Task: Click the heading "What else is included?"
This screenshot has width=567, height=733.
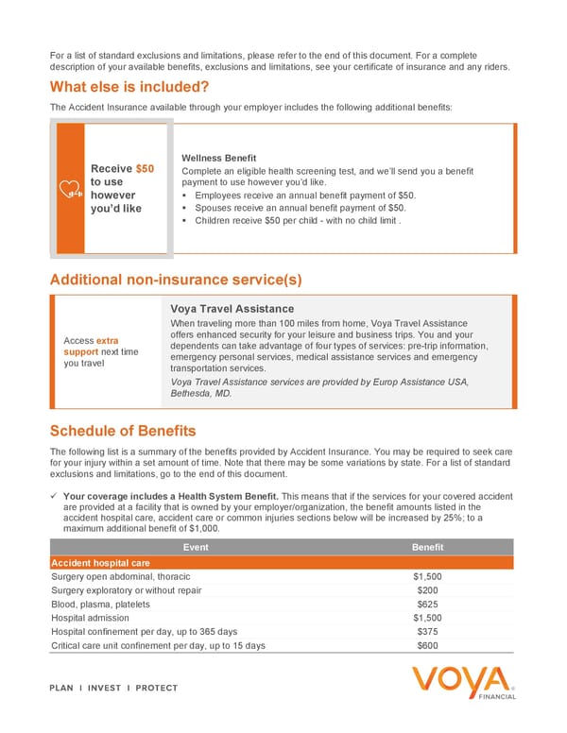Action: click(x=129, y=87)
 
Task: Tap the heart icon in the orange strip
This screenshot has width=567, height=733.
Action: click(x=71, y=189)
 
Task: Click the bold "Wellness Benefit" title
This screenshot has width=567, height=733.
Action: click(x=219, y=157)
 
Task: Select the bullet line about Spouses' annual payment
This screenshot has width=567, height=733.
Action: click(x=301, y=208)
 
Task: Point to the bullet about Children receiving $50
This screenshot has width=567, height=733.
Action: click(x=299, y=220)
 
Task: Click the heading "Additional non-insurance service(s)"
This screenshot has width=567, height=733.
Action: click(x=176, y=280)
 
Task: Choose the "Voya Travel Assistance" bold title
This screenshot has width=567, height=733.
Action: click(x=232, y=309)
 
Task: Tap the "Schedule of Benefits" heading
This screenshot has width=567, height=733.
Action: click(x=123, y=431)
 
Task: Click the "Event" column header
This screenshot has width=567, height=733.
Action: click(x=196, y=548)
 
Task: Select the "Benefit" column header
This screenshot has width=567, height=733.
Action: click(x=427, y=548)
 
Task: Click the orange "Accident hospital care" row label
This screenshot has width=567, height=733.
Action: click(x=100, y=563)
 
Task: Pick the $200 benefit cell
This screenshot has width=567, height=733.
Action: click(x=427, y=589)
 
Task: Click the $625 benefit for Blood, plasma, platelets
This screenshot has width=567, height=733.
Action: click(x=427, y=604)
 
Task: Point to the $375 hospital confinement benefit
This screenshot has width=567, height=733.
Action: click(x=427, y=632)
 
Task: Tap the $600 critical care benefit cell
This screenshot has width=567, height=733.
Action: click(x=427, y=646)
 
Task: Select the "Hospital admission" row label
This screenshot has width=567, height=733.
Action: click(x=94, y=618)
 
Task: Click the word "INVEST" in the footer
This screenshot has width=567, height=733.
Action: click(x=104, y=688)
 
